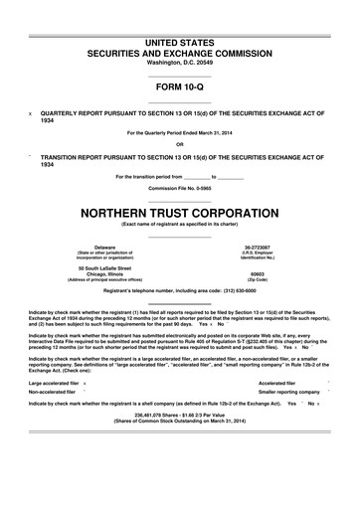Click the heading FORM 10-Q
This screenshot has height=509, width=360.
(180, 86)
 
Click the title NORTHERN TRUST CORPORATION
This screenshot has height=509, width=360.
(180, 212)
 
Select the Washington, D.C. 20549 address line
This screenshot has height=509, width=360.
(180, 62)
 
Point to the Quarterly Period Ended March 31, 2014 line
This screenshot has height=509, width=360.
(180, 132)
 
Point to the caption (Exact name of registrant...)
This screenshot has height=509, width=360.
(180, 224)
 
